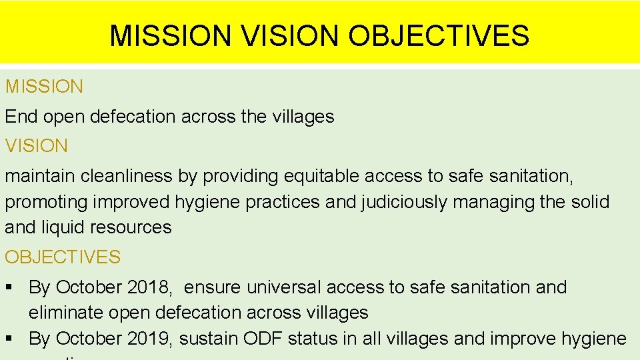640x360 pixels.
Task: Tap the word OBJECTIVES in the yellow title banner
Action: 439,35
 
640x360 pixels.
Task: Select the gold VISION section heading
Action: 37,146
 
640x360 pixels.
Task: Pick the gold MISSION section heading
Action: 45,86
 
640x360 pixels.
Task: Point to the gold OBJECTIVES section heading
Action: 63,257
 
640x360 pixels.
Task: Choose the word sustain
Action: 211,339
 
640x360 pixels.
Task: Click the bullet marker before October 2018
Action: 9,287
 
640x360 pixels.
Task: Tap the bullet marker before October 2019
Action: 9,339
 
